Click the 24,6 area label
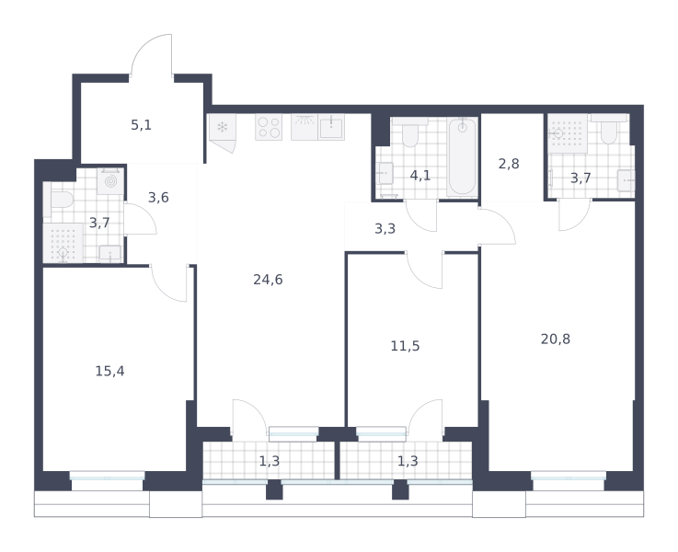pos(268,280)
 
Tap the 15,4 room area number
pos(109,371)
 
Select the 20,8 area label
pos(556,339)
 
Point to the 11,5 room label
pos(405,346)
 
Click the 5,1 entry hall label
pos(142,125)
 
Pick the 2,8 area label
pos(509,164)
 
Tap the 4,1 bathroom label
pos(420,176)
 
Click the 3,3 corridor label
pos(385,228)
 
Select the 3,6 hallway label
pos(158,198)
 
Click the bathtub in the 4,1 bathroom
pos(462,156)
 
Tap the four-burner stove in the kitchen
pos(269,127)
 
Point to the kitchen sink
pos(332,127)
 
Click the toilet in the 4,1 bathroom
pos(409,132)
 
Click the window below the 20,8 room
pos(569,476)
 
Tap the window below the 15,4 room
pos(108,476)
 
